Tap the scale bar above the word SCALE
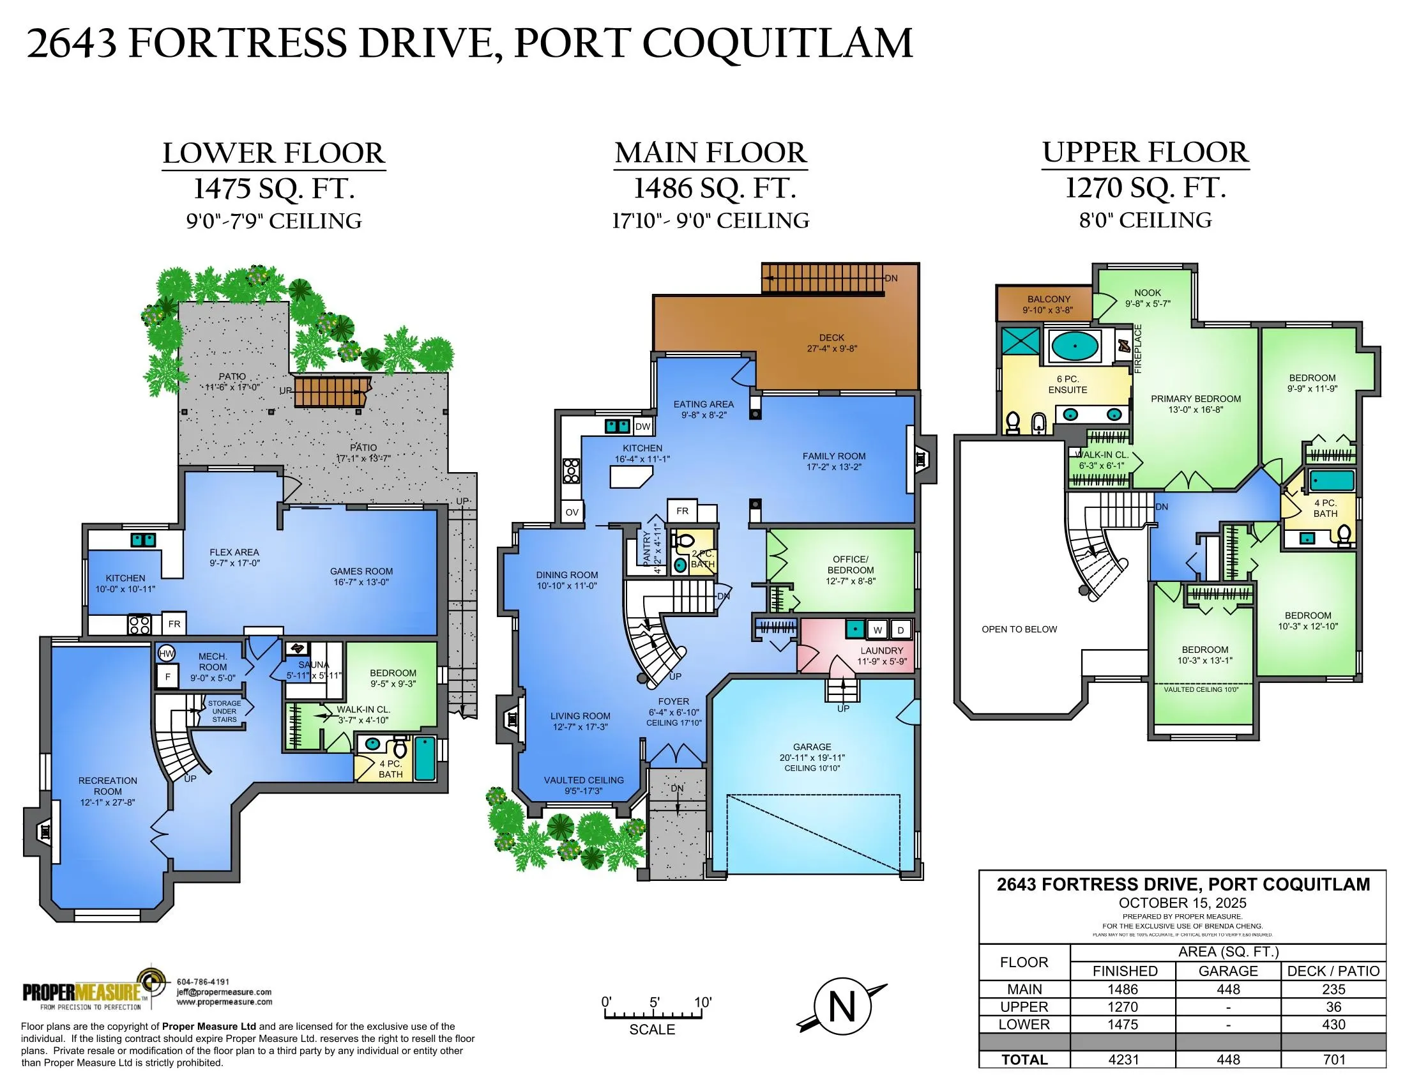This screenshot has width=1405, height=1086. click(x=651, y=1015)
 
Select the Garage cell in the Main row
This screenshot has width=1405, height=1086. click(x=1227, y=990)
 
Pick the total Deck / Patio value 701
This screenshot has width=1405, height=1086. click(x=1333, y=1060)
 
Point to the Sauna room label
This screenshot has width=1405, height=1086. click(x=314, y=669)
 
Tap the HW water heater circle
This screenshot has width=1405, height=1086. click(x=166, y=654)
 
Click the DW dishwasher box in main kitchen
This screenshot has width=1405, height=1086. click(x=642, y=427)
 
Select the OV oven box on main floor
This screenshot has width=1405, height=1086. click(x=572, y=512)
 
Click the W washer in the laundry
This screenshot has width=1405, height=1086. click(x=877, y=630)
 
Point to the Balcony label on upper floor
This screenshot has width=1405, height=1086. click(x=1049, y=304)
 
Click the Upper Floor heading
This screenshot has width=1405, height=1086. click(x=1145, y=153)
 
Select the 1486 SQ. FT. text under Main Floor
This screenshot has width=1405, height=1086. click(x=715, y=188)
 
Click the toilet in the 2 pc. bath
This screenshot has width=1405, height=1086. click(x=683, y=540)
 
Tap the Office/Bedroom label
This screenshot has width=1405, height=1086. click(x=850, y=569)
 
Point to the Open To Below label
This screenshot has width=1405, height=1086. click(x=1019, y=629)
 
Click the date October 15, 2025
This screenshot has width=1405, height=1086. click(x=1182, y=903)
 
